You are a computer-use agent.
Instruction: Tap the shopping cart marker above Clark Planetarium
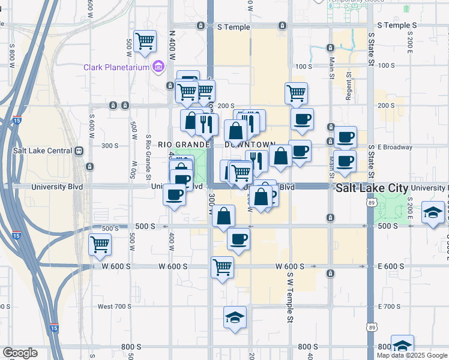(145, 41)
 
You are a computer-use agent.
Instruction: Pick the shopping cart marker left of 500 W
(100, 244)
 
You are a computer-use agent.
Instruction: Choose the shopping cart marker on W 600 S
(222, 266)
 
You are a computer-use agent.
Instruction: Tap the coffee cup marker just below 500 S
(238, 239)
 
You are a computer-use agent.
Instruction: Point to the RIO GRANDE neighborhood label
(182, 145)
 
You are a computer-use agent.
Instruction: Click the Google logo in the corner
(20, 353)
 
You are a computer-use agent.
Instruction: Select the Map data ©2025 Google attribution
(412, 355)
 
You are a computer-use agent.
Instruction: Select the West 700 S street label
(114, 307)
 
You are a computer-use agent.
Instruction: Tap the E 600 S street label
(394, 266)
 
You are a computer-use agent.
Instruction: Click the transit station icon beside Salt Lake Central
(78, 151)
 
